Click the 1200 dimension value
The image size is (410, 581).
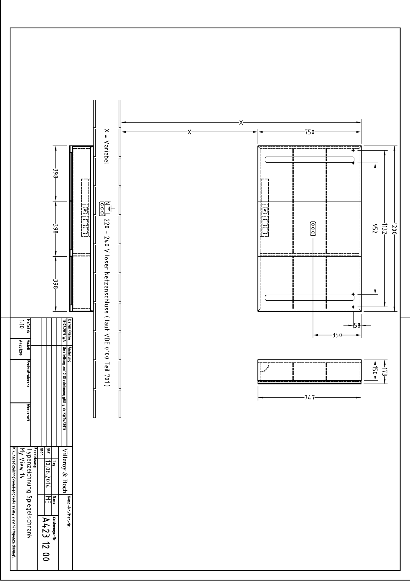pos(395,228)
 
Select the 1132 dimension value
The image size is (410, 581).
pos(384,228)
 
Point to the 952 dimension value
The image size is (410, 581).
pos(375,228)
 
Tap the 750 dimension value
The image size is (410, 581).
pos(309,132)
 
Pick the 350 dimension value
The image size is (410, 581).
pos(337,335)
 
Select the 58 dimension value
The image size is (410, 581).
pos(357,325)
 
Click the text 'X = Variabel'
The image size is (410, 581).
pos(107,146)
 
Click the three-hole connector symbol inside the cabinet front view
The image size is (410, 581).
pos(313,228)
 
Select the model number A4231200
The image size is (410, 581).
pos(20,348)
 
